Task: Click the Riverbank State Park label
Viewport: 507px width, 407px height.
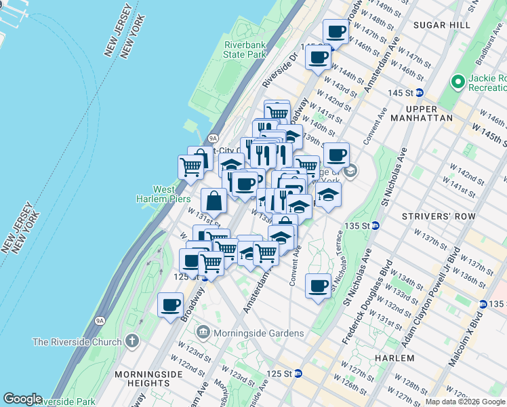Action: point(244,50)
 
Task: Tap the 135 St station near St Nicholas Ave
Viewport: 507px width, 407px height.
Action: point(375,225)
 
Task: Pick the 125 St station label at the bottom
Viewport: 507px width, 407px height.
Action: point(297,373)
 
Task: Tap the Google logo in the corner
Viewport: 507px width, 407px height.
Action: point(22,399)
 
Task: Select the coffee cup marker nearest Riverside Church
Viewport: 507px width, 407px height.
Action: point(170,305)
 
